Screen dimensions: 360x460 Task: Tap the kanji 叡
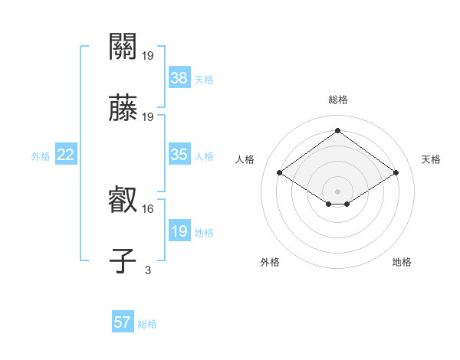tap(123, 201)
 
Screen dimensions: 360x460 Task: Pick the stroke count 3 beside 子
tap(148, 270)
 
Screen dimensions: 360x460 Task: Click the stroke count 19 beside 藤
tap(148, 116)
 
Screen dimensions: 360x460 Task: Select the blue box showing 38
tap(179, 77)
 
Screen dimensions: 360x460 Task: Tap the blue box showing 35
tap(179, 155)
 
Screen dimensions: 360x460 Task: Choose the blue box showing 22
tap(66, 155)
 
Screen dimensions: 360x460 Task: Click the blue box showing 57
tap(123, 322)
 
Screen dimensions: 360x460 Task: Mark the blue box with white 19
tap(179, 231)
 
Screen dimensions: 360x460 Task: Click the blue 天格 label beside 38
tap(204, 79)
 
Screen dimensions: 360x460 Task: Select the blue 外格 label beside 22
tap(41, 156)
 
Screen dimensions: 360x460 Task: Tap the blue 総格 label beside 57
tap(147, 324)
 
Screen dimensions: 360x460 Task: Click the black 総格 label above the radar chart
tap(337, 100)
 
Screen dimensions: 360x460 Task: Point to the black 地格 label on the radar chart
tap(402, 262)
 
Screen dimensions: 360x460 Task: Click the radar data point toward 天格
tap(396, 173)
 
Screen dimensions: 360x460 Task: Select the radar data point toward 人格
tap(280, 173)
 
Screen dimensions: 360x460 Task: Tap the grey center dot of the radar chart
tap(337, 191)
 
